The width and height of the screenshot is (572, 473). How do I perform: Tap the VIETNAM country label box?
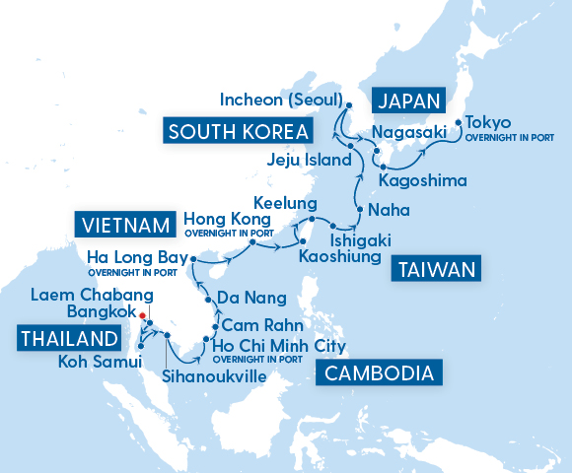pyautogui.click(x=123, y=227)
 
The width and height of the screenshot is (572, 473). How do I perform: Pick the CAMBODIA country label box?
pyautogui.click(x=379, y=372)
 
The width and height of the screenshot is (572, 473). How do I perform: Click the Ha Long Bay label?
pyautogui.click(x=130, y=258)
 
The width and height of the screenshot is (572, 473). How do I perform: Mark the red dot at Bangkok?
pyautogui.click(x=143, y=315)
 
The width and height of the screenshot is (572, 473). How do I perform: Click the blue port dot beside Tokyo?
pyautogui.click(x=457, y=124)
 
